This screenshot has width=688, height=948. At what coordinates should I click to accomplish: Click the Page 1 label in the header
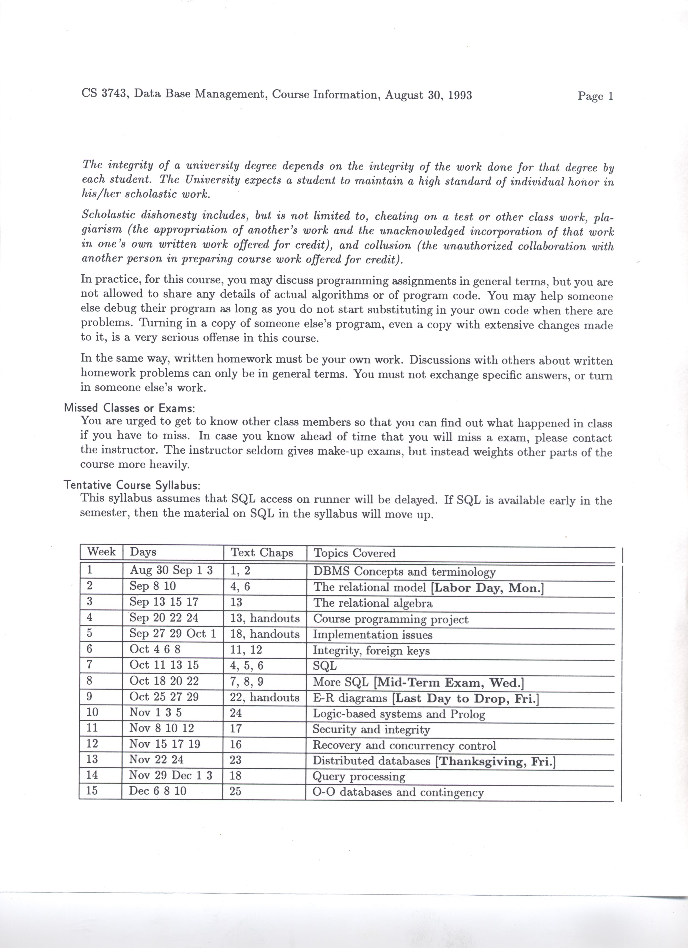click(x=595, y=96)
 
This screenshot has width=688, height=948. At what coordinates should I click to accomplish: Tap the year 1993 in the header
click(x=459, y=95)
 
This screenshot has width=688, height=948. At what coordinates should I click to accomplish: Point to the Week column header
click(x=101, y=552)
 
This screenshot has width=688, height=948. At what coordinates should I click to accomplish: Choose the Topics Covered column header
click(x=354, y=553)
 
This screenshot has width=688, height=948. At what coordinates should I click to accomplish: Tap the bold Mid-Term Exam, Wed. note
click(x=448, y=683)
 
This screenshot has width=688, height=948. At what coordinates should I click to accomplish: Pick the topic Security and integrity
click(x=371, y=730)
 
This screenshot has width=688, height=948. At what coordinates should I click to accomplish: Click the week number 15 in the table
click(x=92, y=791)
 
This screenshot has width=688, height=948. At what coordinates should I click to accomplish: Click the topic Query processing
click(x=359, y=777)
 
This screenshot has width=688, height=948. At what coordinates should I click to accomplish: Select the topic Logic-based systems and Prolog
click(x=399, y=714)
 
